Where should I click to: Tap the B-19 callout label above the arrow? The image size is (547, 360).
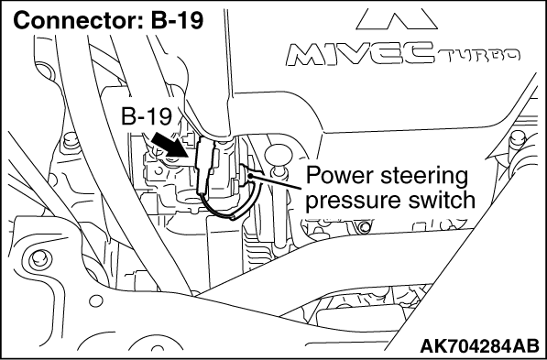click(x=147, y=116)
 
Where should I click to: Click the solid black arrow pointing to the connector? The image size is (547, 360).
click(x=170, y=145)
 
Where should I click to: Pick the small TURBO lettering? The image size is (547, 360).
click(x=479, y=55)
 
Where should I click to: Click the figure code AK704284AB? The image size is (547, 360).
click(x=479, y=346)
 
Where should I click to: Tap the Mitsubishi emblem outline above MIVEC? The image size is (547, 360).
click(x=397, y=19)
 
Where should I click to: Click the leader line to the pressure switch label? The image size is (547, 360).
click(x=276, y=180)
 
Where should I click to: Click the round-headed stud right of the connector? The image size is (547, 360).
click(x=278, y=156)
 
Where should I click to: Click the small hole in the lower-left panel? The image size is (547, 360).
click(x=96, y=300)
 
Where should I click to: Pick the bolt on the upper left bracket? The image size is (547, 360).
click(x=71, y=140)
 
